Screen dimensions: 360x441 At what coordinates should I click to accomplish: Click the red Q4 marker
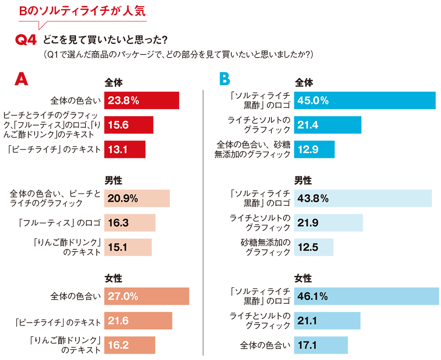tap(25, 40)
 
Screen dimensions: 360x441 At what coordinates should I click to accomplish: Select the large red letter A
tap(21, 79)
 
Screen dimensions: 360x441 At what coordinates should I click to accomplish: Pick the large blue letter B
tap(224, 79)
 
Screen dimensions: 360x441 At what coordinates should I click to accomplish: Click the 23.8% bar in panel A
tap(141, 100)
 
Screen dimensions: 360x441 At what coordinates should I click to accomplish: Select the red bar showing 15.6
tap(128, 125)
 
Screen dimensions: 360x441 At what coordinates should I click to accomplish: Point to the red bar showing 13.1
tap(125, 149)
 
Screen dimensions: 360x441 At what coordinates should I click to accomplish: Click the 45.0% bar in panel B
tap(364, 100)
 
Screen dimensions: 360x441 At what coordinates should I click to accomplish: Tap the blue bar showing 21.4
tap(328, 125)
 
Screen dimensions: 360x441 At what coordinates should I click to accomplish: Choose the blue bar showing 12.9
tap(314, 149)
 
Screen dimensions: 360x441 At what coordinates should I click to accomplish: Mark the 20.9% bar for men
tap(137, 198)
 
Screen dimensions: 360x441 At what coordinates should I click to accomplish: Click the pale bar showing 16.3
tap(130, 223)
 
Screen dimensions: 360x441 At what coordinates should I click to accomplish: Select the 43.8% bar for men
tap(363, 198)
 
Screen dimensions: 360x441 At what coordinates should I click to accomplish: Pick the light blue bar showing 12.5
tap(314, 247)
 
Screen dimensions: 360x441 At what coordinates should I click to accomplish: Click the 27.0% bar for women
tap(146, 297)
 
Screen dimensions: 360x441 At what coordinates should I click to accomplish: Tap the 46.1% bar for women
tap(366, 297)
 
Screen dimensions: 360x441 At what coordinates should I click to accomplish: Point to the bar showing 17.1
tap(321, 345)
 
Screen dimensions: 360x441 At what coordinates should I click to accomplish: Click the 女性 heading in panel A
tap(113, 279)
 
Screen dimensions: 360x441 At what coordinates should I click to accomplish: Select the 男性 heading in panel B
tap(303, 180)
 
